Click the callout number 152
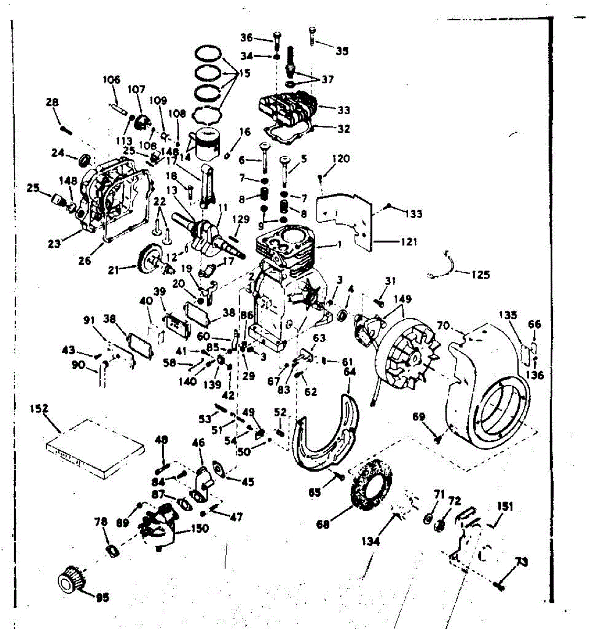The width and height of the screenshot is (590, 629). tap(39, 408)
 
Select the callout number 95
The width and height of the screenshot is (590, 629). tap(103, 597)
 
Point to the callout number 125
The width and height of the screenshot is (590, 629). tap(480, 274)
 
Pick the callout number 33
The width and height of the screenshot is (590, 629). tap(344, 110)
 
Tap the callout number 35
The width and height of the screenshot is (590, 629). tap(342, 51)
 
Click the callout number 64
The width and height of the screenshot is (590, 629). tap(349, 372)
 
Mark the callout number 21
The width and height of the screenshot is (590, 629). tap(113, 270)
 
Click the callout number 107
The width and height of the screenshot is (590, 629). tap(136, 90)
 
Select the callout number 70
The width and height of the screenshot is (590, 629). tap(444, 326)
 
